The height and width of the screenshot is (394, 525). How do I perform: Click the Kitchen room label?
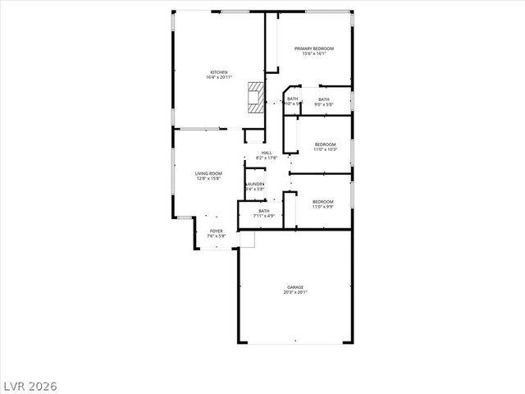219,72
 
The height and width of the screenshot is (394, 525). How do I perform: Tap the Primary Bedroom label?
314,49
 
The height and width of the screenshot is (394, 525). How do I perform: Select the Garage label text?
295,286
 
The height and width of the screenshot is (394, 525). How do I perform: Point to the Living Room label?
208,173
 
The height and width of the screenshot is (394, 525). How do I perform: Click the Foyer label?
216,231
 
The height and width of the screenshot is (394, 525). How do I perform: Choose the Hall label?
267,153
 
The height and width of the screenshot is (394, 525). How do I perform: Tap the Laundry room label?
256,184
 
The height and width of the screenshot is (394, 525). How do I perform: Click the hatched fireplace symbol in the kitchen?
257,96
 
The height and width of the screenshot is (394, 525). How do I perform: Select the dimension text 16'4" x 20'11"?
219,78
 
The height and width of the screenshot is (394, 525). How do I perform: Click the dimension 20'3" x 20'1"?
295,292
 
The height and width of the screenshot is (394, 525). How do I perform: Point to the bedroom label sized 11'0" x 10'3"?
326,145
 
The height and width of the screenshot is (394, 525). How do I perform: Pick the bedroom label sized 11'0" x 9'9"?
322,202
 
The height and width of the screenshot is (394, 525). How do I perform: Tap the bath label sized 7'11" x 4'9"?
264,211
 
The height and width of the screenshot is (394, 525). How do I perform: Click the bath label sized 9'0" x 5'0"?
324,99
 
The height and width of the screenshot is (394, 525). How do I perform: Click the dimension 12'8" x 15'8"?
208,179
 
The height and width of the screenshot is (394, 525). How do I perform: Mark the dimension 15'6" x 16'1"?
314,54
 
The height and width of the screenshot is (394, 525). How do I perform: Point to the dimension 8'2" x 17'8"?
267,158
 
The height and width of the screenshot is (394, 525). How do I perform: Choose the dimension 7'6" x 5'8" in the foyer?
216,237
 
